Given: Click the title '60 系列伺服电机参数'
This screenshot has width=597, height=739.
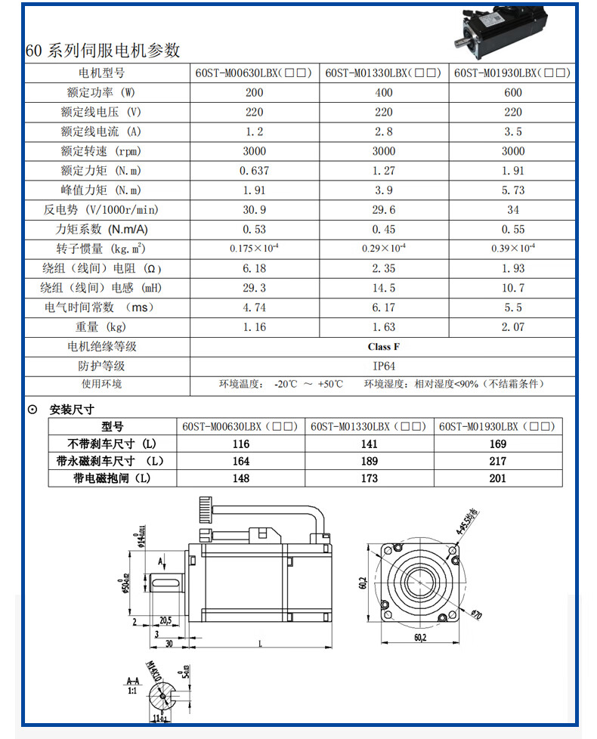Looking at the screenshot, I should pos(104,51).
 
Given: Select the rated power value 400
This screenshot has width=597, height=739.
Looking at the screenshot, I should pos(384,93).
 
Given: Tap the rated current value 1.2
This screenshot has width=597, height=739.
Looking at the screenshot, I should pos(255,131).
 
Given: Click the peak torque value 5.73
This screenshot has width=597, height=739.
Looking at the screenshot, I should pos(513,190).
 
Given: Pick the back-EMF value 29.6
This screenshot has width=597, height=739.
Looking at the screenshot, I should pos(384,210).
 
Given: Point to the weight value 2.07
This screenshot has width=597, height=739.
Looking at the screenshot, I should pos(513,327).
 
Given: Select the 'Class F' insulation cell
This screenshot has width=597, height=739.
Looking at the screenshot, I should pos(384,347).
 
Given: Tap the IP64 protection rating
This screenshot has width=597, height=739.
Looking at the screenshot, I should pos(384,366).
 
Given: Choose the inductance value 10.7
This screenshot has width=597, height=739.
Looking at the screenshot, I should pos(513,288).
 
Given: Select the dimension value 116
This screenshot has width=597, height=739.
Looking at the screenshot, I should pos(241,444).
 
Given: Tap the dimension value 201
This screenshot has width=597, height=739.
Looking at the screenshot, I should pos(498,478).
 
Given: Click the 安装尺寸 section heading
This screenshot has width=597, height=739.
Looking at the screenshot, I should pos(71,410).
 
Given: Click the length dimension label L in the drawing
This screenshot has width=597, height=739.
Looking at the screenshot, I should pos(261,644).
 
